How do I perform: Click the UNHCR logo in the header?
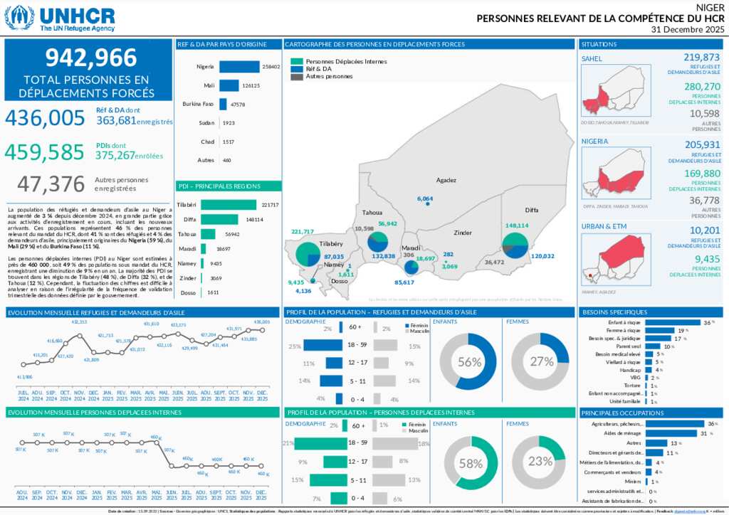coord(60,17)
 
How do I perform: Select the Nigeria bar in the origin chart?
coord(239,67)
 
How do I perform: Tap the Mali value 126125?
coord(251,85)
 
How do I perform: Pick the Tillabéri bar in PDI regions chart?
coord(229,205)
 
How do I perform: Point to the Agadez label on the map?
coord(446,180)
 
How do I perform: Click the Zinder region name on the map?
coord(463,232)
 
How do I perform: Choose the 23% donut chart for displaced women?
coord(540,461)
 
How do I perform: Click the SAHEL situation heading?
coord(592,58)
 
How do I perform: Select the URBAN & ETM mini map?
coord(614,260)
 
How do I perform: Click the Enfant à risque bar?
coord(655,322)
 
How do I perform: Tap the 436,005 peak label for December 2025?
coord(262,322)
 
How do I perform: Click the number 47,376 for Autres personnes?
coord(51,184)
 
